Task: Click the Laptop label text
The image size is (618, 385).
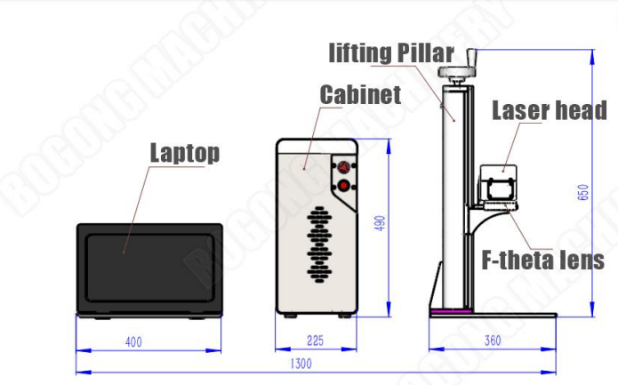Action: point(185,153)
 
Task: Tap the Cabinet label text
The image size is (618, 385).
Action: point(360,95)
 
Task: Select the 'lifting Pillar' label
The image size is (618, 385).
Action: point(391,53)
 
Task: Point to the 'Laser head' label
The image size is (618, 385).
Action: point(550,110)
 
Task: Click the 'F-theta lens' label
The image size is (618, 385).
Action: point(542,260)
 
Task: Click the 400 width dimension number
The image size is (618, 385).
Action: point(133,341)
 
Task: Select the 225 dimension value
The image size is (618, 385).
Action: point(315,341)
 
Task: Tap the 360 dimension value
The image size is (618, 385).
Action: point(493,341)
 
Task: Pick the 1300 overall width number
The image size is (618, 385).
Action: point(301,364)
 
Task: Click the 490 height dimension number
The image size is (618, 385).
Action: point(379,223)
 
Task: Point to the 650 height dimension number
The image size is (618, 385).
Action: point(583,192)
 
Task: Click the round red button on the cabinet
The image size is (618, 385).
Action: point(344,185)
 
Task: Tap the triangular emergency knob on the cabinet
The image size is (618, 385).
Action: point(344,166)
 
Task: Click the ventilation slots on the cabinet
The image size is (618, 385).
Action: point(319,245)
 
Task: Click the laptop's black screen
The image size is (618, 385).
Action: point(149,269)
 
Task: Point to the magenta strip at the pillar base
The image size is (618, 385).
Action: point(451,311)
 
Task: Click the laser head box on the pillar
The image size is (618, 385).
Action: point(499,185)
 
